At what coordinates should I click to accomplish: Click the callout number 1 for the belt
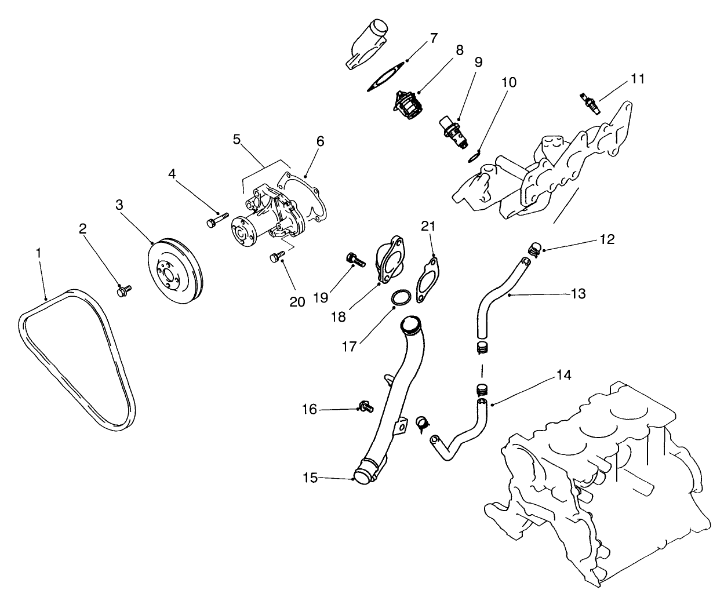[38, 253]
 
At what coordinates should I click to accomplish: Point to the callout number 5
[237, 139]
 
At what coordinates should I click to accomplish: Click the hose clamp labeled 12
[535, 249]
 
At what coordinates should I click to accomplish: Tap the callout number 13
[578, 294]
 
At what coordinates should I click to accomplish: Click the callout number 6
[321, 141]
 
